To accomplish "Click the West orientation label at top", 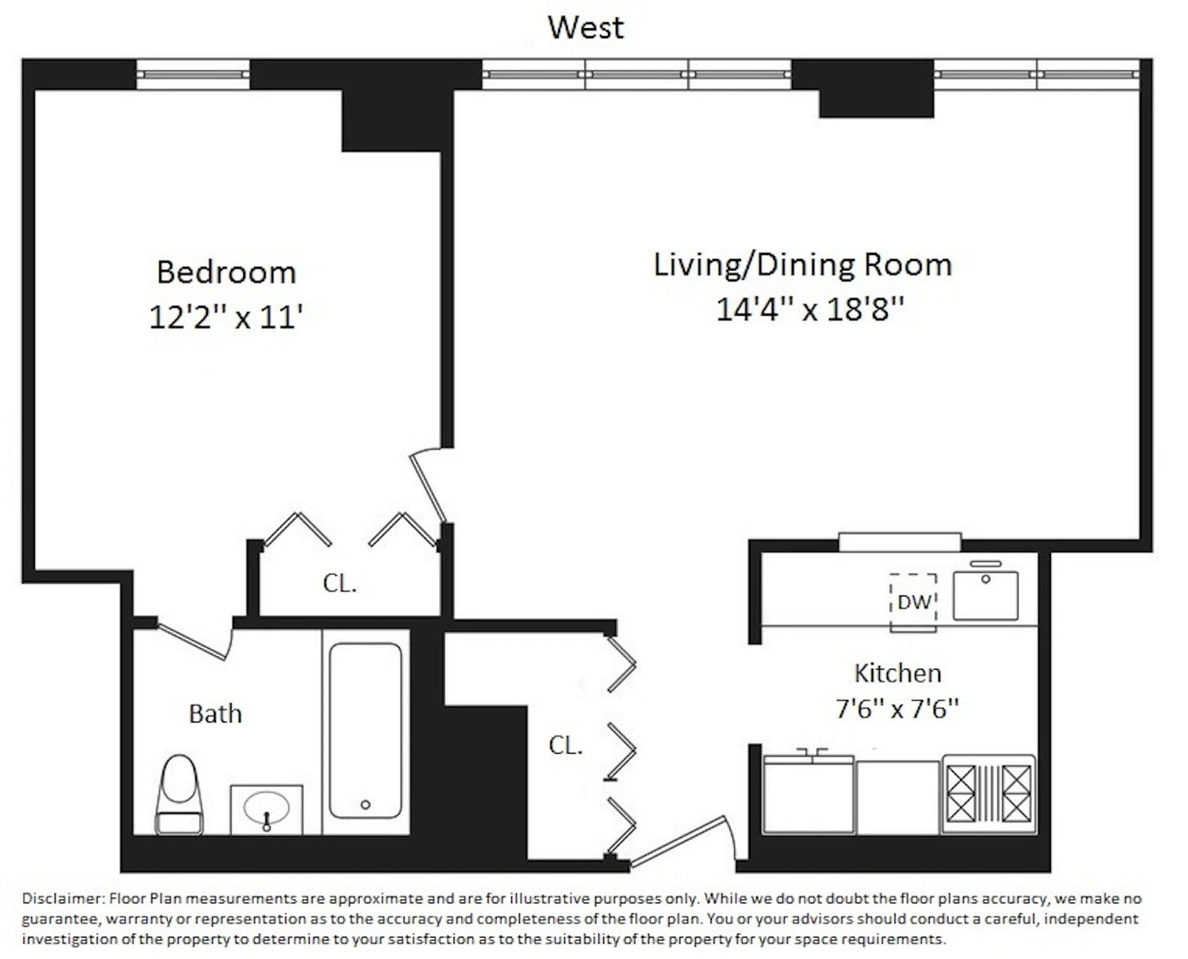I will coord(585,28).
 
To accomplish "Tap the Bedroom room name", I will coord(226,272).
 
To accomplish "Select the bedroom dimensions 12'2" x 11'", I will coord(226,317).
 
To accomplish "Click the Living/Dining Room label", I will coord(803,264).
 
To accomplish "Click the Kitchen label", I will coord(897,673).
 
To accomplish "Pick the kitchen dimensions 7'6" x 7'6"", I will coord(897,708).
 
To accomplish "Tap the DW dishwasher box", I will coord(913,601).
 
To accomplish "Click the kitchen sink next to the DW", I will coord(985,596).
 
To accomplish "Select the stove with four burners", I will coord(988,794).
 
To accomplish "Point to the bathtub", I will coord(365,731).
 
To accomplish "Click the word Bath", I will coord(215,714).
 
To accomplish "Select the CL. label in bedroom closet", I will coord(340,583).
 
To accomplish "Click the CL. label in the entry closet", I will coord(566,745).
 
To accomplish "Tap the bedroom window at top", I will coord(192,74).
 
